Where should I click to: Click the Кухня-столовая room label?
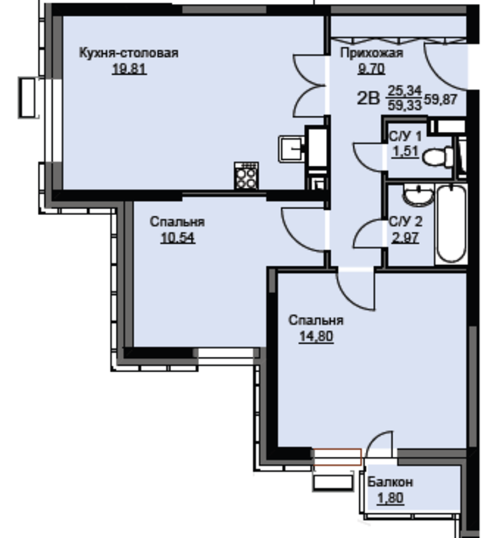[x=129, y=53]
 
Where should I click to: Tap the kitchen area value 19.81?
[x=129, y=69]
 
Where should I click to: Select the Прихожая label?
[x=372, y=53]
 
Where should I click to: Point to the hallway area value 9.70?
[x=372, y=69]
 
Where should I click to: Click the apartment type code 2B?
[x=368, y=98]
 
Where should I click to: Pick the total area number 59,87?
[x=441, y=100]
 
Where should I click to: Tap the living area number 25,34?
[x=405, y=91]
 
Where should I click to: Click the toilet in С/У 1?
[x=438, y=157]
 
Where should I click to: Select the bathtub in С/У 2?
[x=451, y=224]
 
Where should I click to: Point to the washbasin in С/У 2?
[x=418, y=195]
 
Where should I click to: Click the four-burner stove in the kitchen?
[x=246, y=176]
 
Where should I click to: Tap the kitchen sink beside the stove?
[x=291, y=149]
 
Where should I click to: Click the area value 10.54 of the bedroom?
[x=178, y=238]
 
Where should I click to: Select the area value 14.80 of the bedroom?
[x=316, y=336]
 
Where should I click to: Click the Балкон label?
[x=390, y=482]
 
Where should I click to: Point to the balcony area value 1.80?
[x=390, y=498]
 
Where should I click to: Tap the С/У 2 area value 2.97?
[x=406, y=238]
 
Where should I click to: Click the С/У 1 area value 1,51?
[x=406, y=151]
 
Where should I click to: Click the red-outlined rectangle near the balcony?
[x=337, y=457]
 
